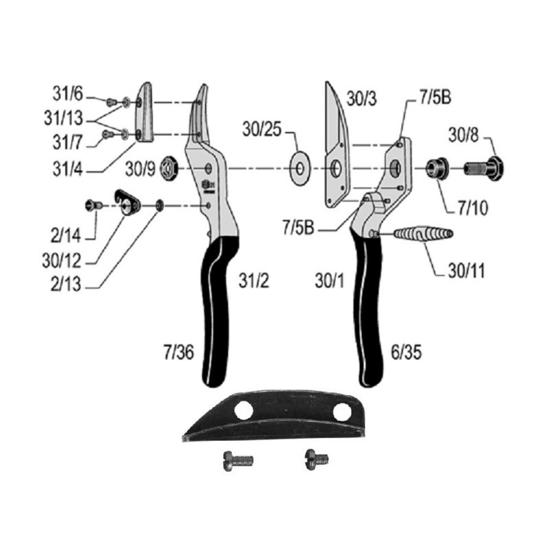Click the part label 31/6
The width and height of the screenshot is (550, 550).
[68, 93]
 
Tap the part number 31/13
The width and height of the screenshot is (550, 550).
[64, 118]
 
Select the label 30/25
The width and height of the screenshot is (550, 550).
[262, 130]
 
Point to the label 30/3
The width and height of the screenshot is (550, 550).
[362, 99]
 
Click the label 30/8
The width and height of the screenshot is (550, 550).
[463, 135]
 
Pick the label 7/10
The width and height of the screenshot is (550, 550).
[473, 208]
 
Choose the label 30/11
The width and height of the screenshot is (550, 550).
[466, 271]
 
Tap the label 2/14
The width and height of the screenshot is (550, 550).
[66, 236]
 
